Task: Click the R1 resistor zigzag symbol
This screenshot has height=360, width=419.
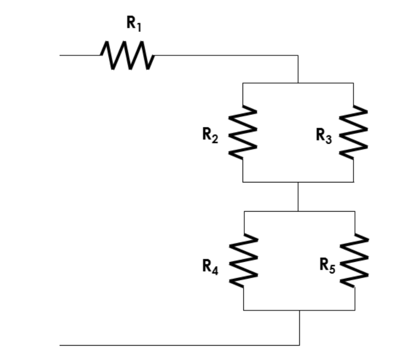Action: click(x=127, y=55)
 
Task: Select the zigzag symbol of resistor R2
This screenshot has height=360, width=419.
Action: click(x=243, y=132)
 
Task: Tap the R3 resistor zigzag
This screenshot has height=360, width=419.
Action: click(x=354, y=132)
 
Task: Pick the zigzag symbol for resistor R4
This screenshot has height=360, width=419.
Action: click(x=244, y=260)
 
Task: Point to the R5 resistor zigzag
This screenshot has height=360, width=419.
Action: click(x=355, y=260)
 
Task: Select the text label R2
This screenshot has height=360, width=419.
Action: click(x=210, y=135)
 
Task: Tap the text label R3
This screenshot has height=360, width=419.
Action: click(x=324, y=135)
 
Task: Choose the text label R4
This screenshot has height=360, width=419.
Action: click(x=210, y=267)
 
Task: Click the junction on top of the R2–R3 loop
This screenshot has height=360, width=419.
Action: click(x=298, y=83)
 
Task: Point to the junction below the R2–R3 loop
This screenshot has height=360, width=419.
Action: click(x=298, y=182)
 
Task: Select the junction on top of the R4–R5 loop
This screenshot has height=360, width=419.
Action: click(x=298, y=211)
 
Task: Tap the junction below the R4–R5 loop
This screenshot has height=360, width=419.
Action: click(x=299, y=310)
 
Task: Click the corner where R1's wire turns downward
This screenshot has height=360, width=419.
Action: click(x=298, y=55)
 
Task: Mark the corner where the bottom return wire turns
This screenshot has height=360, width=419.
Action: click(x=299, y=345)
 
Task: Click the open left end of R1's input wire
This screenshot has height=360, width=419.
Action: click(x=61, y=55)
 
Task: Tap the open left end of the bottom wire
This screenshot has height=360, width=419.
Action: click(x=61, y=345)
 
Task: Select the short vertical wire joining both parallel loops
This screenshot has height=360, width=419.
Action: click(x=298, y=197)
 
